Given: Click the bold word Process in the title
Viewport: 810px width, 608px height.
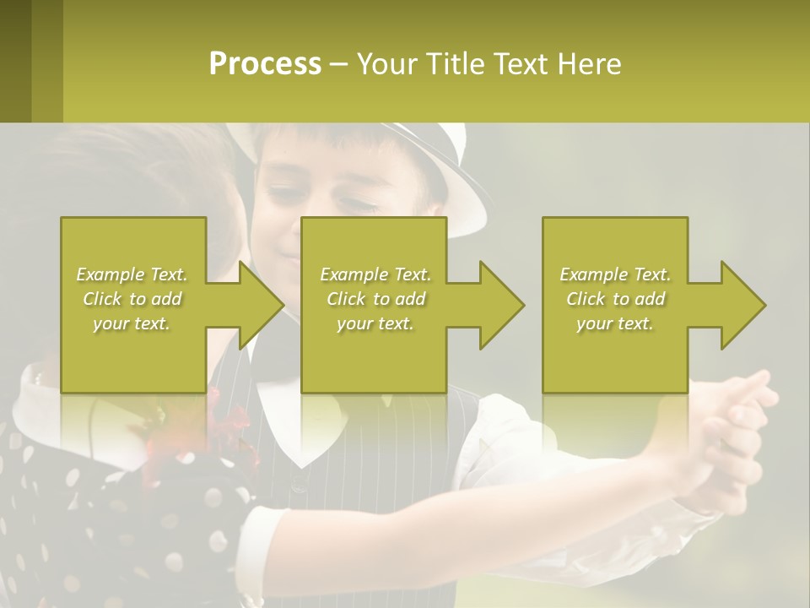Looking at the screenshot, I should pyautogui.click(x=265, y=64).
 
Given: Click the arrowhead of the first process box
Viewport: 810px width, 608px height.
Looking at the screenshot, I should pyautogui.click(x=260, y=305).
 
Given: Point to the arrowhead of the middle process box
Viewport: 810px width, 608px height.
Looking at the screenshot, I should pyautogui.click(x=500, y=305).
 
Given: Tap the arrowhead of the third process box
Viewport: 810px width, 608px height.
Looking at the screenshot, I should pyautogui.click(x=742, y=305).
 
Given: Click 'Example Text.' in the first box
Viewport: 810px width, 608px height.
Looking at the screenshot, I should pyautogui.click(x=132, y=274).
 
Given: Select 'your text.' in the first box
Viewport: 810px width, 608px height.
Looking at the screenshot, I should pyautogui.click(x=132, y=323).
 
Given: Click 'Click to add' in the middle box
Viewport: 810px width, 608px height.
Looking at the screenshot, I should pyautogui.click(x=375, y=299).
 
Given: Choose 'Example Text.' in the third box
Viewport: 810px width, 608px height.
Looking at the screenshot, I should pyautogui.click(x=615, y=274).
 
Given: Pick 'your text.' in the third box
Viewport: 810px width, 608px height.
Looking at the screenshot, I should pyautogui.click(x=615, y=323).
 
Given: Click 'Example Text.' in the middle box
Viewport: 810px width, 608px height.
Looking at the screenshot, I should pyautogui.click(x=375, y=274).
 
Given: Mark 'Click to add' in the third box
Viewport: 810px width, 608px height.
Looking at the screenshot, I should pyautogui.click(x=615, y=299).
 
